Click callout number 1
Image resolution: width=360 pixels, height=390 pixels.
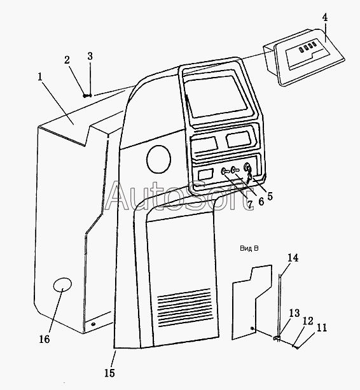coord(40,77)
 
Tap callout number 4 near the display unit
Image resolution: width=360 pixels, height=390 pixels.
coord(324,18)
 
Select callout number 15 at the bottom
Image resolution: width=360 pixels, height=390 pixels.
coord(109,373)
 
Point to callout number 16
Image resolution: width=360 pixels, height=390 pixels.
coord(45,339)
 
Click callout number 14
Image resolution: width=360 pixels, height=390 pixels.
coord(293,258)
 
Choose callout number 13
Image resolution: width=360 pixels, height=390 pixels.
coord(294,313)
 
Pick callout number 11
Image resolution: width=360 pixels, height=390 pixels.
coord(322,328)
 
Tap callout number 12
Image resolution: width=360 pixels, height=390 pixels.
coord(308,321)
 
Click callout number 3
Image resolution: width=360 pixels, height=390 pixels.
coord(90,56)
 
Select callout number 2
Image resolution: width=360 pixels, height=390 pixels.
coord(67,60)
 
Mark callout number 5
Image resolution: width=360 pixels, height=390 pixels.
coord(270,196)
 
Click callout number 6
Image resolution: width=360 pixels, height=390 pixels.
coord(261,202)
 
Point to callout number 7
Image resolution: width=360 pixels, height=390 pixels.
coord(250,204)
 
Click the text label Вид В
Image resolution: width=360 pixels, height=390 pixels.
coord(249,248)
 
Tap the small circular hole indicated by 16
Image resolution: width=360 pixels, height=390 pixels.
coord(63,284)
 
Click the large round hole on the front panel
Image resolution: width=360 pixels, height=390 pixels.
coord(158,159)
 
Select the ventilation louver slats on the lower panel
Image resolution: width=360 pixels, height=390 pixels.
coord(184,308)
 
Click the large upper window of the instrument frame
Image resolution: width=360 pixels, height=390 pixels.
coord(216,97)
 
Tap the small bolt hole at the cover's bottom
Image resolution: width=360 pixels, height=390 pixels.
coord(93,324)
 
